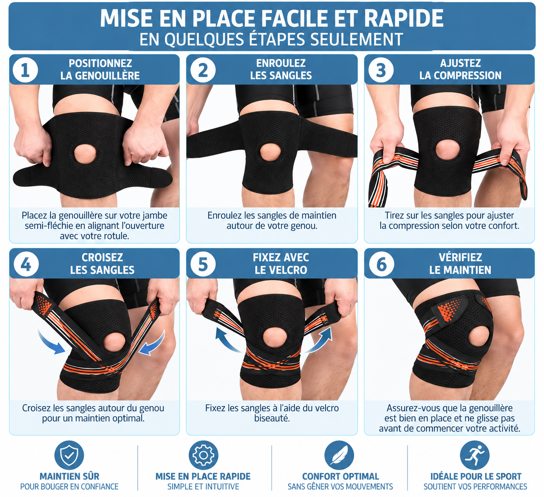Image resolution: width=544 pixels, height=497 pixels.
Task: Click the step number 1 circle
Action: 25,70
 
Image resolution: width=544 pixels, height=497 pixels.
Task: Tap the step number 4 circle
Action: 26,264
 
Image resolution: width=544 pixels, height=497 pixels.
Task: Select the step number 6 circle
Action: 381,264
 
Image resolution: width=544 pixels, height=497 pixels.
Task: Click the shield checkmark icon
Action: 69,455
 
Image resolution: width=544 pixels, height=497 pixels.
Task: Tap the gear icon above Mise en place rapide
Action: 204,455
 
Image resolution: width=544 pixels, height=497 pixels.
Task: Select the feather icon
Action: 339,455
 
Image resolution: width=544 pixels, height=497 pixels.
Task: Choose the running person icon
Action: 475,455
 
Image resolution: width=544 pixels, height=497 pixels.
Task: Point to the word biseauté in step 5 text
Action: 272,418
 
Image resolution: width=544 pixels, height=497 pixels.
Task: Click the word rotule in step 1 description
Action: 117,236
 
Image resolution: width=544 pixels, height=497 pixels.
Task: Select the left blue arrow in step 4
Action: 51,342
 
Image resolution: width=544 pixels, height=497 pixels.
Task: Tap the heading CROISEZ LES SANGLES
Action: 102,264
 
